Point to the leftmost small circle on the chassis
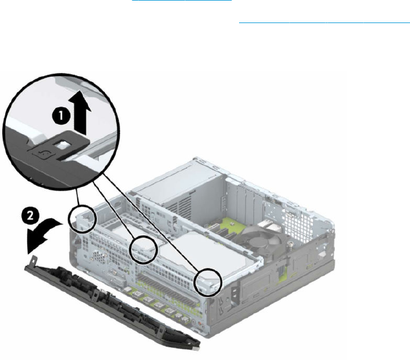click(81, 216)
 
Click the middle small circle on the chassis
click(144, 249)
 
